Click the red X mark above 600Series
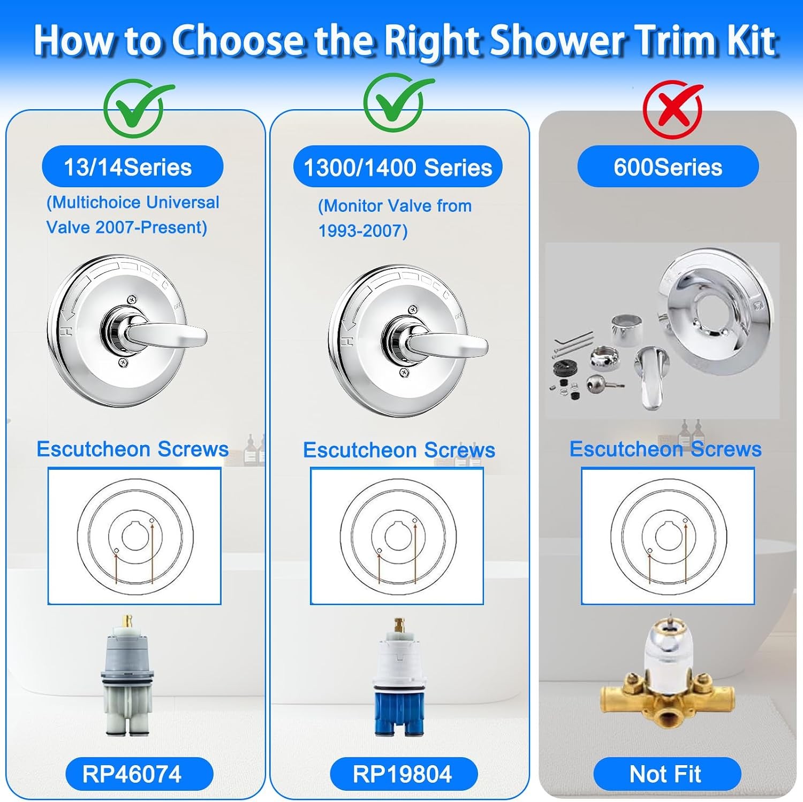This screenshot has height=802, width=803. [x=673, y=109]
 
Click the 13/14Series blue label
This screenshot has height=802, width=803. [x=132, y=167]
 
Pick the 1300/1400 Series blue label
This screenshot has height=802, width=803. [x=398, y=167]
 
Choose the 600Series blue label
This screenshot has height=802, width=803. [x=668, y=167]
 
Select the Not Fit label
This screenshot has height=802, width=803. [x=667, y=774]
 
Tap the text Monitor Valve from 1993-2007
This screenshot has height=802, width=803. [x=395, y=218]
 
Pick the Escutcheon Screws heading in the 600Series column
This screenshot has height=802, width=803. [x=665, y=449]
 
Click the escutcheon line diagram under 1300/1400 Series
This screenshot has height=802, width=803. [x=398, y=536]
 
